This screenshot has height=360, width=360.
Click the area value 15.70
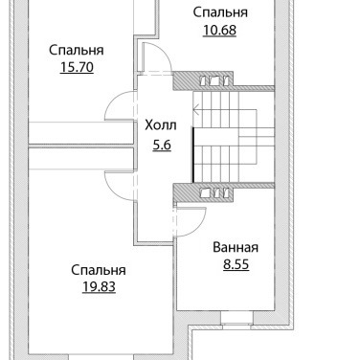pyautogui.click(x=77, y=67)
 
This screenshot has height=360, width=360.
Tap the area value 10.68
pyautogui.click(x=219, y=30)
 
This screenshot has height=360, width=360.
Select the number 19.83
pyautogui.click(x=99, y=287)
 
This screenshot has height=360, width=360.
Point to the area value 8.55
pyautogui.click(x=236, y=264)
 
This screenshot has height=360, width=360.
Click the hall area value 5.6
pyautogui.click(x=162, y=146)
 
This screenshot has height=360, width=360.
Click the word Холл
pyautogui.click(x=161, y=125)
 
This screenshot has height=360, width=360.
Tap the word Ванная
pyautogui.click(x=236, y=248)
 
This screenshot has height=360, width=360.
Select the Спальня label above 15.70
pyautogui.click(x=77, y=50)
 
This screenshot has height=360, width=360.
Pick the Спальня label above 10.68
pyautogui.click(x=220, y=12)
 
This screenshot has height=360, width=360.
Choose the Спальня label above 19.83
pyautogui.click(x=99, y=270)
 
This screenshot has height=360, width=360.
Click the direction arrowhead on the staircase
pyautogui.click(x=196, y=110)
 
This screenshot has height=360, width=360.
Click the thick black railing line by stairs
pyautogui.click(x=193, y=154)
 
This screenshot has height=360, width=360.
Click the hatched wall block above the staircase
pyautogui.click(x=204, y=81)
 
